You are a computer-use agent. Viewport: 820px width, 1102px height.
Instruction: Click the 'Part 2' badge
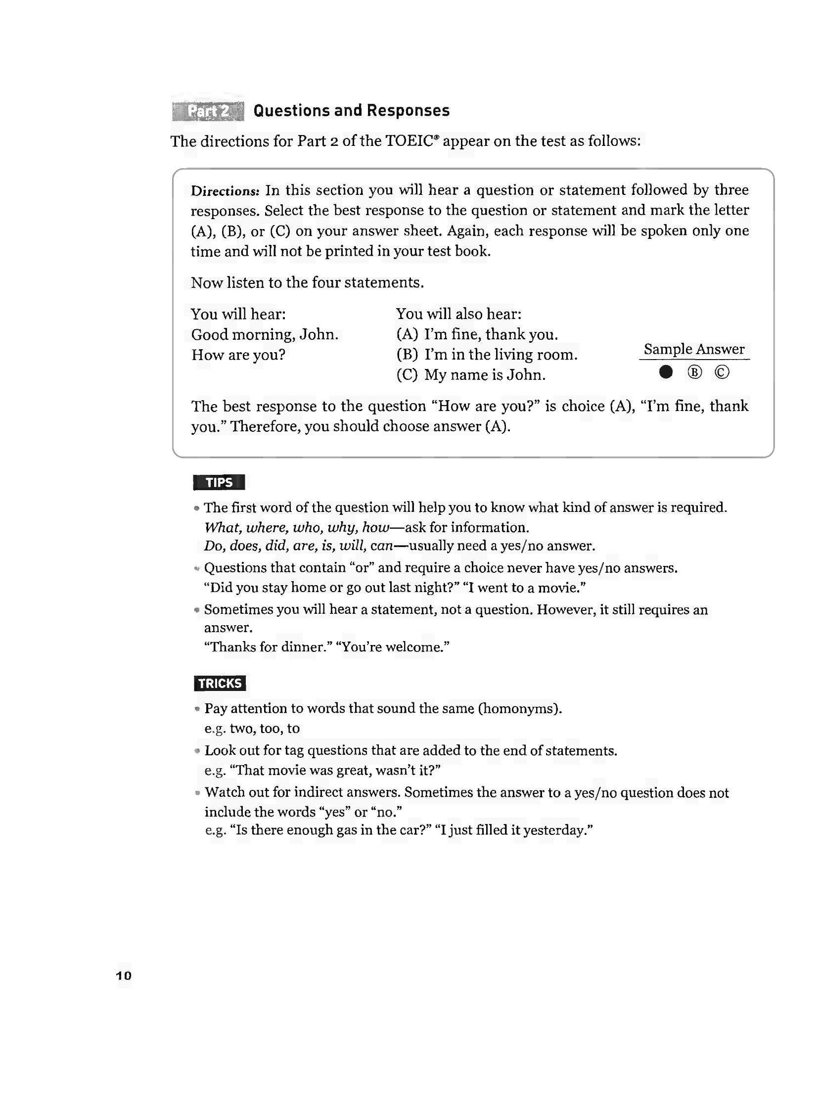click(208, 111)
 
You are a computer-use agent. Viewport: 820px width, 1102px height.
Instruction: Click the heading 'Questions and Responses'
click(352, 110)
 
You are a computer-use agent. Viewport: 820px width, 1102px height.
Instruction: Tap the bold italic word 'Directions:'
click(225, 191)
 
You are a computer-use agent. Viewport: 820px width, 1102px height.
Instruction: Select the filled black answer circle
click(666, 372)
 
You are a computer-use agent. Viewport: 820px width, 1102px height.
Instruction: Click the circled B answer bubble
click(694, 372)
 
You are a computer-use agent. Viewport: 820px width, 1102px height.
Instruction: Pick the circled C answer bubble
click(722, 372)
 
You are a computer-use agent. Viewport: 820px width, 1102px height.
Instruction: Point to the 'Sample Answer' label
click(694, 349)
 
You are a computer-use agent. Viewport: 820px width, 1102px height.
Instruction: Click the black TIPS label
click(219, 482)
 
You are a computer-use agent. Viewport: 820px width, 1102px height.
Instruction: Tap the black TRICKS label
click(220, 683)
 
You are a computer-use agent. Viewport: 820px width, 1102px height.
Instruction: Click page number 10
click(124, 975)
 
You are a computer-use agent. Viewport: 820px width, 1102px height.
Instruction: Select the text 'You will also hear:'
click(458, 314)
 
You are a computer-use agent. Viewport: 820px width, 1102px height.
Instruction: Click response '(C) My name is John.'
click(470, 375)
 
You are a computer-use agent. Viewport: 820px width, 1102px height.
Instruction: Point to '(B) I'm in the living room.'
click(487, 355)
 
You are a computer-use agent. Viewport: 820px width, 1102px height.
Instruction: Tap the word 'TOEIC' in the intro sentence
click(410, 141)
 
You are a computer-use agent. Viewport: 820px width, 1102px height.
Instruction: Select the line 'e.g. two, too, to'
click(252, 728)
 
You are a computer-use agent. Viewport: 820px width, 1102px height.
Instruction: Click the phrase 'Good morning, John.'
click(265, 334)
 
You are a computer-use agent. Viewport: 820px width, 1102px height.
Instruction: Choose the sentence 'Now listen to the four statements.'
click(307, 282)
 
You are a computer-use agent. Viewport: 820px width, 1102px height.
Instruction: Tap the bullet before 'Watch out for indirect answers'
click(197, 793)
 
